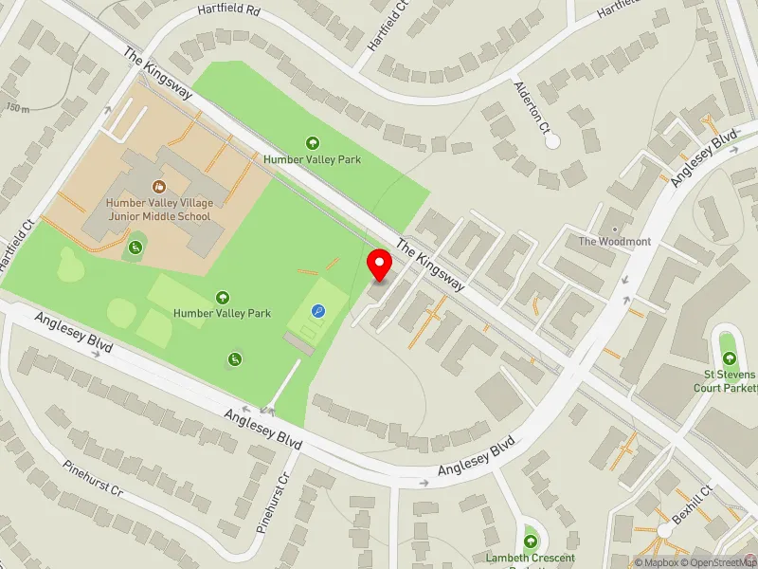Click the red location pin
click(x=380, y=265)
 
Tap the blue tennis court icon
click(x=317, y=309)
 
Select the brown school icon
click(x=158, y=186)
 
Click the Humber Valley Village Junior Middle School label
click(x=158, y=210)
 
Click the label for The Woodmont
click(x=615, y=242)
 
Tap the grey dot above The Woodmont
click(x=615, y=229)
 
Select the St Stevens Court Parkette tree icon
click(x=729, y=358)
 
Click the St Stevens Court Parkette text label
click(x=726, y=381)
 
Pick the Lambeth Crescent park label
click(x=531, y=558)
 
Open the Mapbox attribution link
click(x=656, y=562)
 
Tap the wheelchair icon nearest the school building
click(x=135, y=248)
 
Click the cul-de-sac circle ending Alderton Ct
click(x=552, y=140)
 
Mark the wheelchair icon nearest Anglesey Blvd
click(x=233, y=358)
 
